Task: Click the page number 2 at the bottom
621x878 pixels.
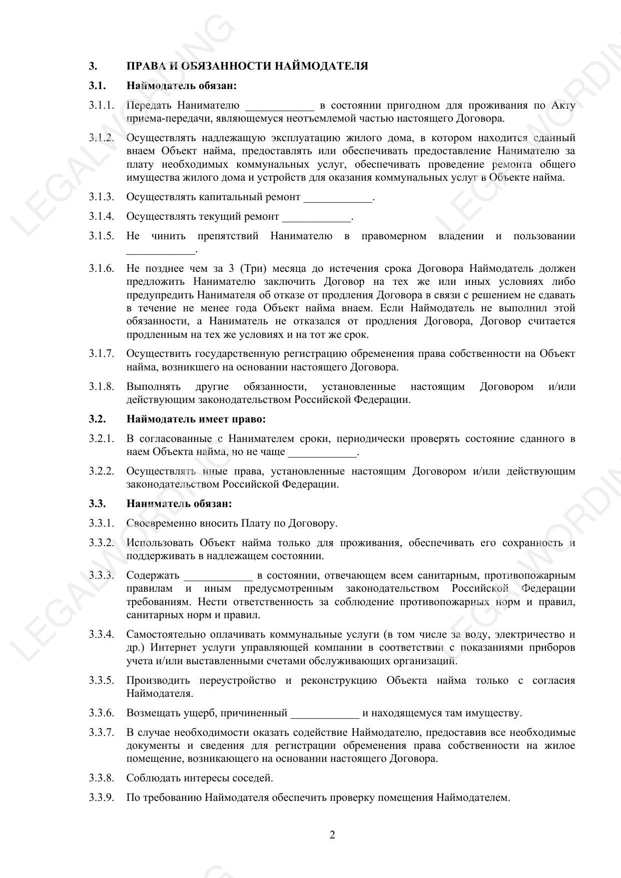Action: click(x=332, y=834)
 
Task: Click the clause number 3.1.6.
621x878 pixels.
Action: click(x=102, y=269)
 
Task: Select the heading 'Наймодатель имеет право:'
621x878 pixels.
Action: click(x=196, y=419)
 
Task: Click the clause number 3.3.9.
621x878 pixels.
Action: click(x=102, y=797)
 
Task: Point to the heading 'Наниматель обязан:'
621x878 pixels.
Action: click(x=179, y=504)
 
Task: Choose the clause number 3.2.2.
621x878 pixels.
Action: click(x=102, y=472)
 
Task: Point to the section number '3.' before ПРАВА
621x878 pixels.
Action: click(x=93, y=66)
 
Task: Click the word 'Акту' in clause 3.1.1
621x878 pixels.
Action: click(x=563, y=106)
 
